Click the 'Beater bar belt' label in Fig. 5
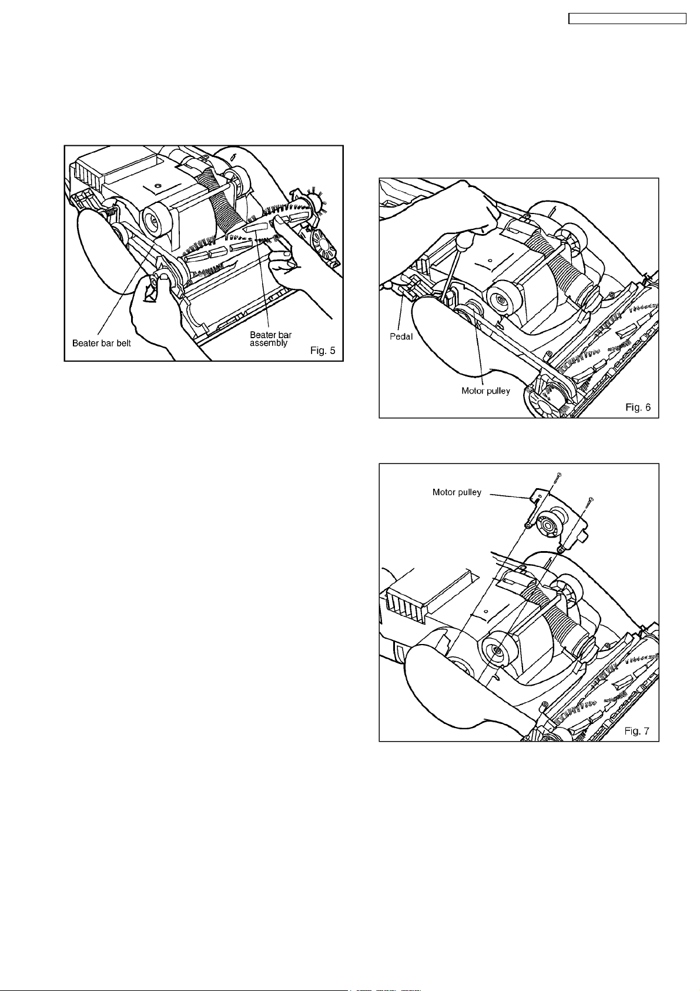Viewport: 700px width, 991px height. coord(101,343)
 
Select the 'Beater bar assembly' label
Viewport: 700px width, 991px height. coord(270,339)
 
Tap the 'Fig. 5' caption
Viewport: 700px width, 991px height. coord(323,351)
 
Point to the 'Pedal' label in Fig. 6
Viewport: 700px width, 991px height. coord(401,336)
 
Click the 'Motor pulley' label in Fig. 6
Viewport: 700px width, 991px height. coord(485,391)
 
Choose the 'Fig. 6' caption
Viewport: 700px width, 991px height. coord(638,407)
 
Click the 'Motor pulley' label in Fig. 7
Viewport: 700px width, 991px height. coord(457,492)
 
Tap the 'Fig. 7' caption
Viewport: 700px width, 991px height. coord(637,731)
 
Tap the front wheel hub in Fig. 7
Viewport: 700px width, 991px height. coord(496,650)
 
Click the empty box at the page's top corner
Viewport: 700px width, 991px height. coord(627,19)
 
